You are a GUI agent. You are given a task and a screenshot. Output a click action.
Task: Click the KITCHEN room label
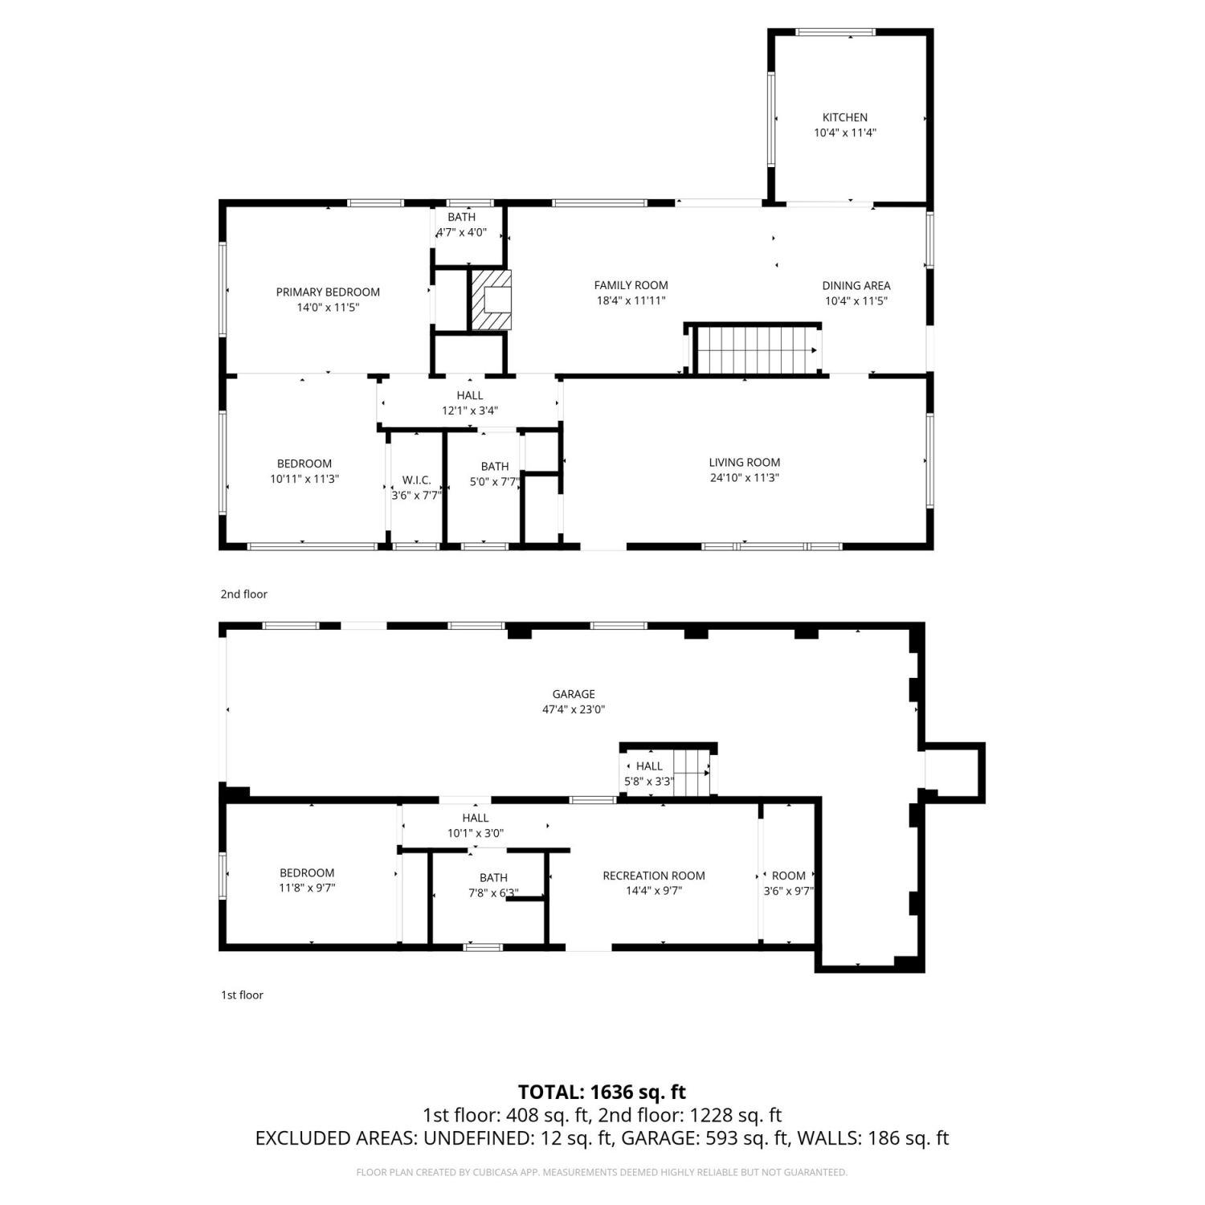point(844,117)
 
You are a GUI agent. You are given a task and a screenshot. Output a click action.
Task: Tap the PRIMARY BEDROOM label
point(328,292)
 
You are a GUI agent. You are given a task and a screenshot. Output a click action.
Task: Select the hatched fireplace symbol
point(491,300)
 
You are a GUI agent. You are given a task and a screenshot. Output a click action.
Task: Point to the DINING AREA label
point(856,285)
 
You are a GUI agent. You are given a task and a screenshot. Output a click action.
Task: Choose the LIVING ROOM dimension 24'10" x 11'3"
point(744,478)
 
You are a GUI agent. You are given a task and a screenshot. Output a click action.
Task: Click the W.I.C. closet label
point(416,480)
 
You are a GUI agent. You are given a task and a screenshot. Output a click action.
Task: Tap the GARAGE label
point(574,694)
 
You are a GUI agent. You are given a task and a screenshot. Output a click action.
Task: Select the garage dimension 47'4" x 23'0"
point(574,710)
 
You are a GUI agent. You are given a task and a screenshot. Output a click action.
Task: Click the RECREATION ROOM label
point(654,876)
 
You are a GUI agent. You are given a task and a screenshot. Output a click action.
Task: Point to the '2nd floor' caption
point(244,594)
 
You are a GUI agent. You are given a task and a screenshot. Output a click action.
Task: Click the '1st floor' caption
point(242,995)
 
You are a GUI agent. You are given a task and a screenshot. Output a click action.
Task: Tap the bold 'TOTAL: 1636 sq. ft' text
point(602,1093)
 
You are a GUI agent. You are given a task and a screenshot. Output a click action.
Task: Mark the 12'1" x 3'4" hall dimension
point(470,411)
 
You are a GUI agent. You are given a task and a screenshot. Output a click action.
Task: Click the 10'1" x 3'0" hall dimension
point(476,834)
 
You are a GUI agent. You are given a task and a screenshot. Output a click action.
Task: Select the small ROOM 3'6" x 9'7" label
point(788,883)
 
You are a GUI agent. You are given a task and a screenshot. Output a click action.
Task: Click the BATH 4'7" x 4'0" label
point(461,225)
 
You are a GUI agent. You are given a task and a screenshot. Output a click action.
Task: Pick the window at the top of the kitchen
point(835,32)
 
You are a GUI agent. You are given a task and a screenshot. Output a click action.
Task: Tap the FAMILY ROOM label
point(631,285)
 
